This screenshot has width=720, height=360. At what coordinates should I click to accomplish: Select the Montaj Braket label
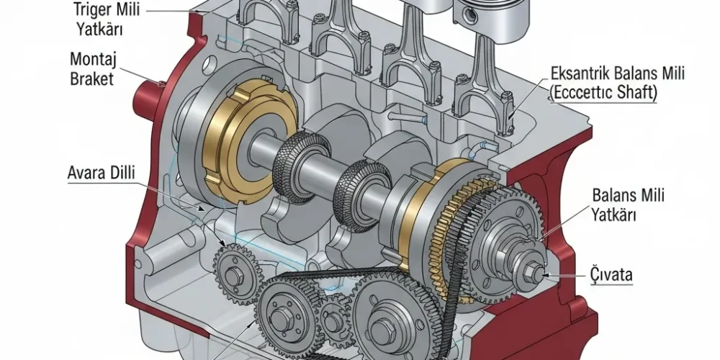pyautogui.click(x=91, y=68)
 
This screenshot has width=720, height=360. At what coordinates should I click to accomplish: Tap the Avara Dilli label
pyautogui.click(x=101, y=173)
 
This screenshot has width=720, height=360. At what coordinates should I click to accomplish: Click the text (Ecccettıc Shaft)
pyautogui.click(x=603, y=92)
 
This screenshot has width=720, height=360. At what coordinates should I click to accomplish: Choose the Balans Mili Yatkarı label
pyautogui.click(x=628, y=204)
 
